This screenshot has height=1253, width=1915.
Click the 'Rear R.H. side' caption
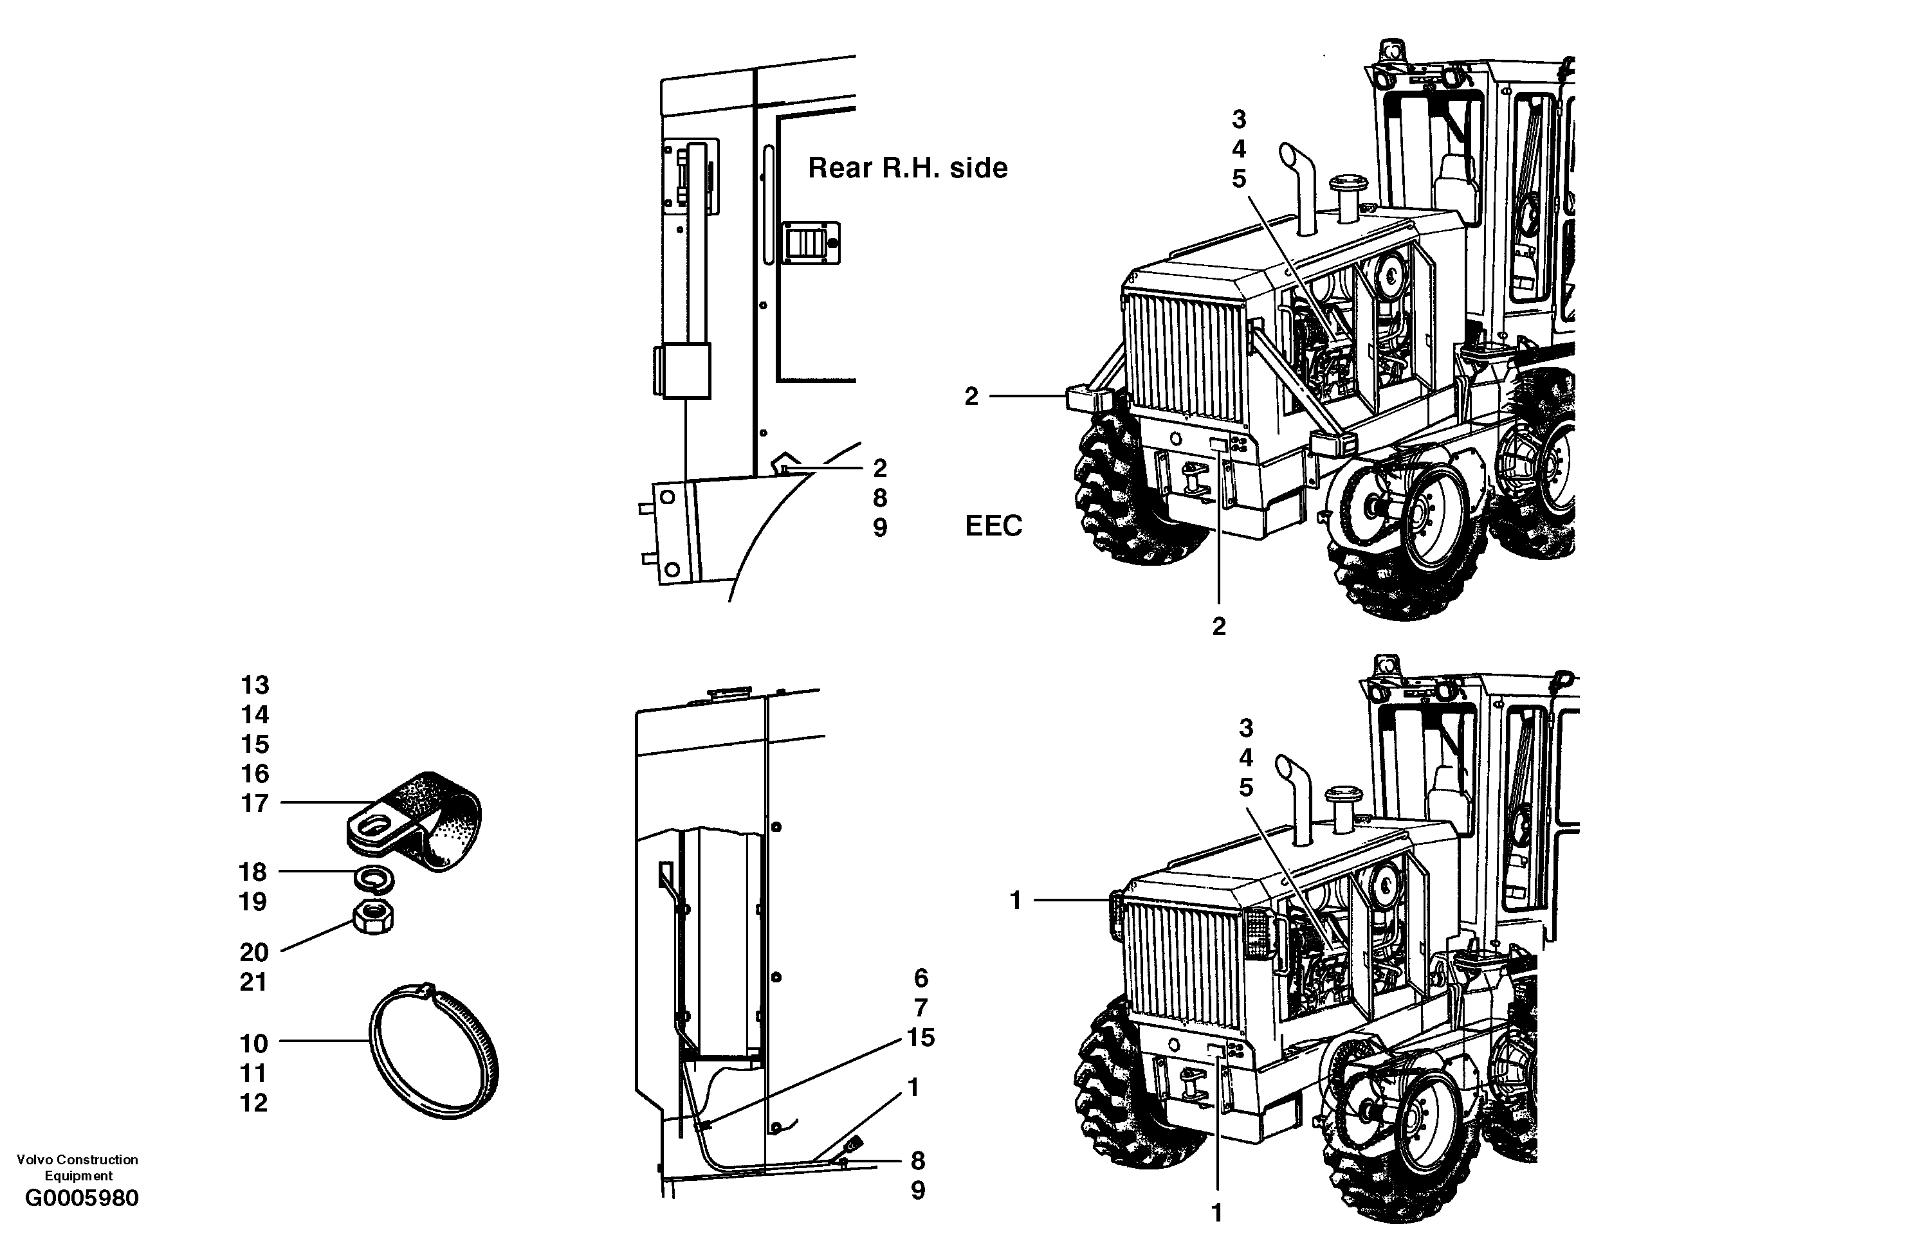(907, 168)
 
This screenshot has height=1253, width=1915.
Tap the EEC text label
(993, 526)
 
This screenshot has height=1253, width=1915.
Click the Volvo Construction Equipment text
(77, 1167)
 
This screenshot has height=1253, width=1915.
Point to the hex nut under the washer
(372, 916)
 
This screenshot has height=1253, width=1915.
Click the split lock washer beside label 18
(373, 878)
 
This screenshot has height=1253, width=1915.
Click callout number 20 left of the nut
(253, 952)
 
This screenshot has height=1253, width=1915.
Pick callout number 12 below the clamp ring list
(253, 1103)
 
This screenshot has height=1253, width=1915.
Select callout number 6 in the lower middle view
(921, 978)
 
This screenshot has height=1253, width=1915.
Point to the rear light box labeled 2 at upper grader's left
(1088, 398)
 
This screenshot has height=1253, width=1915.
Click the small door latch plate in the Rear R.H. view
(811, 243)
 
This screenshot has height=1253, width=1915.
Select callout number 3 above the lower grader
(1245, 728)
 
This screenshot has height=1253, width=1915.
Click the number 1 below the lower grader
(1216, 1212)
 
